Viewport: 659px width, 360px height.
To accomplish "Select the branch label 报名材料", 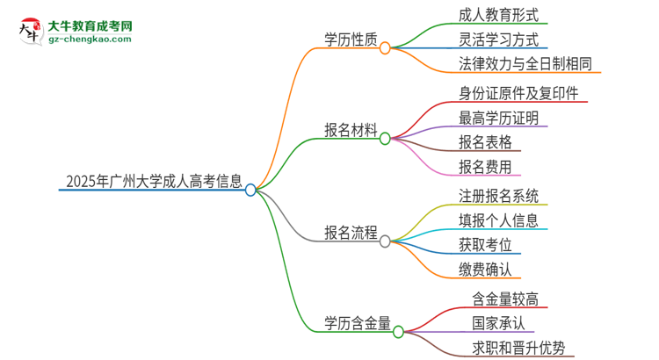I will (351, 131).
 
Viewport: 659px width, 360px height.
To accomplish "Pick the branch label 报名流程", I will (351, 233).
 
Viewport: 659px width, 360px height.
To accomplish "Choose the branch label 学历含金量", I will (358, 324).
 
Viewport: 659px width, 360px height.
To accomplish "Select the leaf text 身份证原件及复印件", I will (518, 93).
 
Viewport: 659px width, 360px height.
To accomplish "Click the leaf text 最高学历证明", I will (498, 118).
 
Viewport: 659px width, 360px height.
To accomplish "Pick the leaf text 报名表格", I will (485, 142).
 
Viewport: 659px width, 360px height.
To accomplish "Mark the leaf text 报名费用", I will (485, 167).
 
